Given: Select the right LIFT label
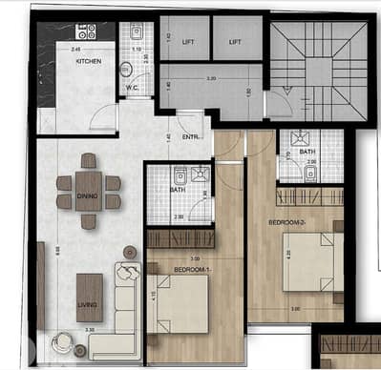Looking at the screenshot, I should (x=236, y=41).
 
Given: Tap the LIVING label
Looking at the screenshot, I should (x=88, y=305).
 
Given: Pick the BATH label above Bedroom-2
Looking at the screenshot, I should (x=307, y=151).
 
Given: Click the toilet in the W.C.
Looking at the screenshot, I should (x=127, y=70).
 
